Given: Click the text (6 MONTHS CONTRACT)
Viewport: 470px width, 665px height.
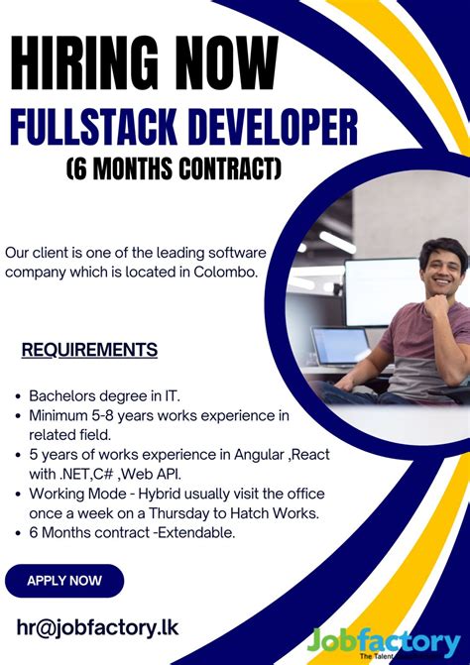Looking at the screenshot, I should pyautogui.click(x=175, y=169).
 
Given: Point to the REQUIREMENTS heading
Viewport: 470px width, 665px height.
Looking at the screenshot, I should pyautogui.click(x=89, y=350).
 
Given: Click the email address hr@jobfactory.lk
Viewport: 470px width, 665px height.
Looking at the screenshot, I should pyautogui.click(x=97, y=627).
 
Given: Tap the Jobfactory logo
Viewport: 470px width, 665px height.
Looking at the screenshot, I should pyautogui.click(x=387, y=640).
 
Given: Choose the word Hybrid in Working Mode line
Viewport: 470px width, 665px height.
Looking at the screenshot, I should pyautogui.click(x=177, y=494).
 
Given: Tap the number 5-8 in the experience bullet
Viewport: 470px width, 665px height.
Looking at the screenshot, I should pyautogui.click(x=121, y=415).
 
